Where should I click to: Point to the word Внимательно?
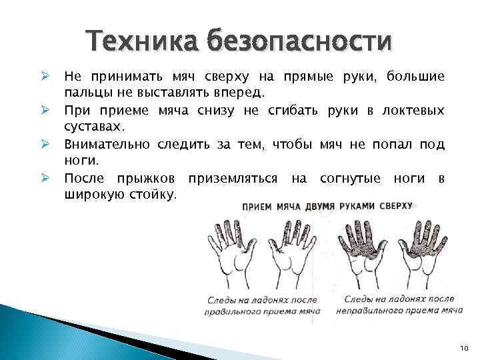(107, 143)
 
